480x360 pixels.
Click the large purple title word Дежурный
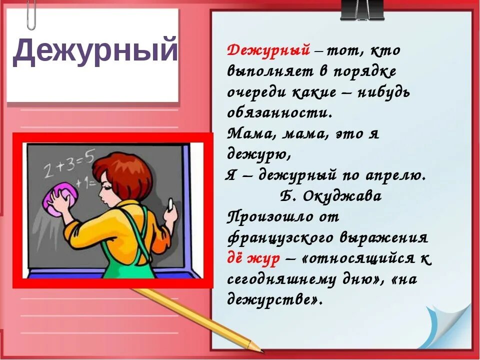[95, 51]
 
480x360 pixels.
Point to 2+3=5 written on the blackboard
[68, 162]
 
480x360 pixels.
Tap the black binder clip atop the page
[362, 10]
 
